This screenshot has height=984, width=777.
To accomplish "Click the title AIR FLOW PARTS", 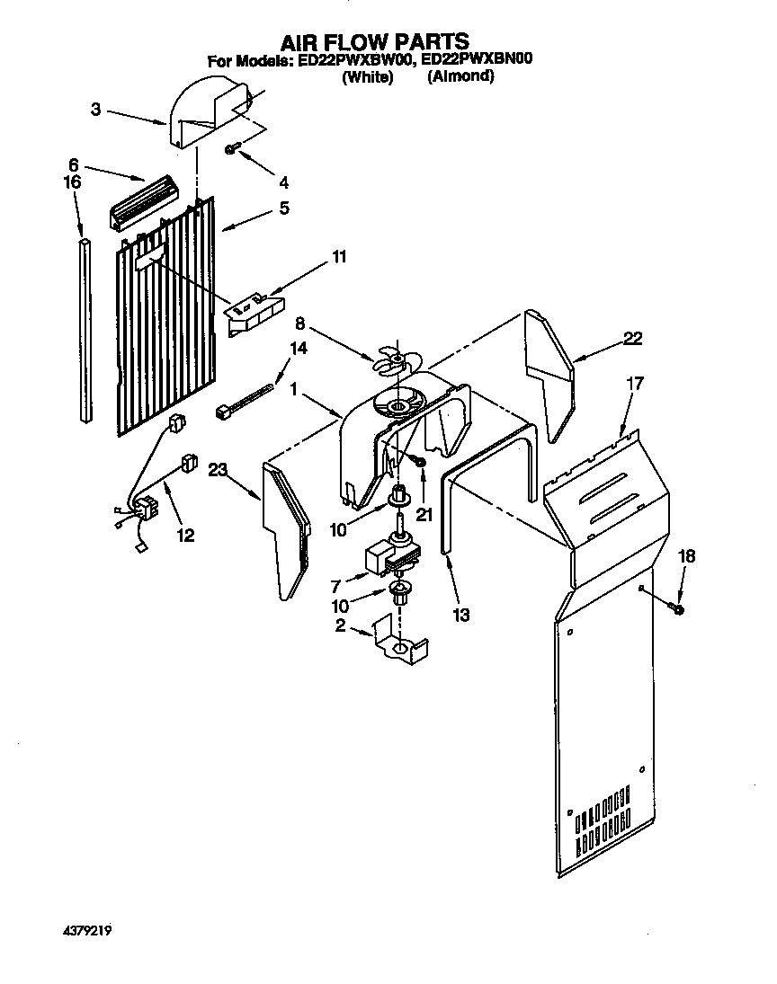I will point(375,41).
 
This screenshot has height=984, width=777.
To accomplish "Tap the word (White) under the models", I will point(368,77).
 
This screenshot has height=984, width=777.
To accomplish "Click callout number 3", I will point(96,110).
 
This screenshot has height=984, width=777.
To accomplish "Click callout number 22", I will point(634,339).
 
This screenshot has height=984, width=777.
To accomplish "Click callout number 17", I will point(636,383).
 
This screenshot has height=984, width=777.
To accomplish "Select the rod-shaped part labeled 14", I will point(245,401).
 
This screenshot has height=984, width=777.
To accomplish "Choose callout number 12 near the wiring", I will point(184,536).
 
